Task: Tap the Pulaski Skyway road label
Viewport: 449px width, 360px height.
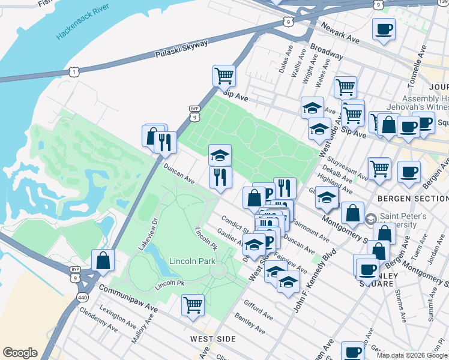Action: (182, 49)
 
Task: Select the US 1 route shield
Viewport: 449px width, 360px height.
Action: (73, 72)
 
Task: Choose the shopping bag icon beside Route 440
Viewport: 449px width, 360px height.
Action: (103, 260)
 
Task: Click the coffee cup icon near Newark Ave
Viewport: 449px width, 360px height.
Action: (384, 29)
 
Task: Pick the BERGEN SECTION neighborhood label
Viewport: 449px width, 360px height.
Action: (412, 198)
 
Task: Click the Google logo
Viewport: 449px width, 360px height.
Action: (20, 353)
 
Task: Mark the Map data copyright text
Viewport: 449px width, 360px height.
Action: (412, 355)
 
